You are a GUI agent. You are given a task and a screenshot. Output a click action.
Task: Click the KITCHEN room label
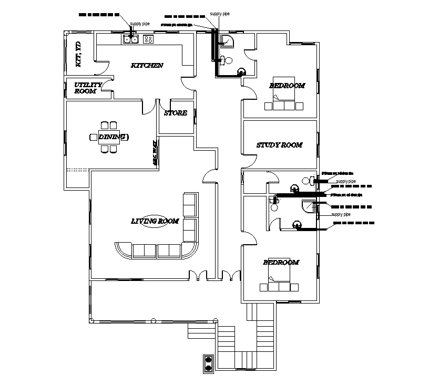pos(147,66)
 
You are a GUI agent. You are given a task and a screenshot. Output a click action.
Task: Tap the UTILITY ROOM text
pos(85,88)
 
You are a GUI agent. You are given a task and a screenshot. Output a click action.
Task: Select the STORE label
pos(175,113)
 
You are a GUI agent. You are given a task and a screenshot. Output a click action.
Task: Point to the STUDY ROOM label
pos(279,145)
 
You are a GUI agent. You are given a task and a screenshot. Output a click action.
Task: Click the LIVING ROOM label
pos(155,221)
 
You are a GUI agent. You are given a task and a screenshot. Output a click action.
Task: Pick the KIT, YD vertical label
pos(78,55)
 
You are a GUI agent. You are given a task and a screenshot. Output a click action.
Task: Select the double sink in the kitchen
pos(131,38)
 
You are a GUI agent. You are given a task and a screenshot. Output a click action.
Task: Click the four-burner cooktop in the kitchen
pos(148,38)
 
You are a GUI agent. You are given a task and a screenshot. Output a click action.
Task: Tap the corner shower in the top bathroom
pos(229,41)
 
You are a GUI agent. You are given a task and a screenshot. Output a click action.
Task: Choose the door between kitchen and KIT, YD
pos(103,67)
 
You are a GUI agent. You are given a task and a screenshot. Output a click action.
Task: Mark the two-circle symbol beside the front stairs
pos(209,363)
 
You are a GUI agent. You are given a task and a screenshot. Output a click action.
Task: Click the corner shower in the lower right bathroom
pos(308,207)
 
